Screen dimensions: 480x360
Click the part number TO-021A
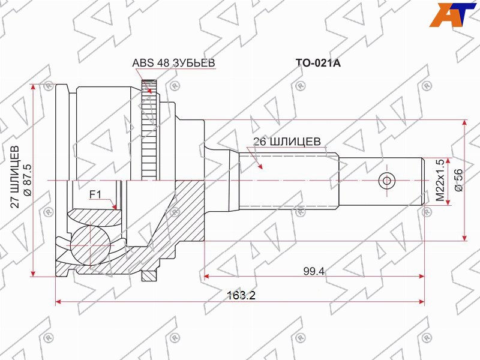click(x=318, y=63)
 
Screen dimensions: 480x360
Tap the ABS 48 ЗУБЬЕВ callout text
click(x=173, y=63)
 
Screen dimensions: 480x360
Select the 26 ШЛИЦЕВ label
click(x=287, y=142)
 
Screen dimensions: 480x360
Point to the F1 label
click(x=95, y=194)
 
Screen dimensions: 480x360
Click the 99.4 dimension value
click(x=314, y=271)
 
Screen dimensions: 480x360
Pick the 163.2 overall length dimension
click(x=241, y=295)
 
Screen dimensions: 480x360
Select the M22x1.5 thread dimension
click(x=440, y=180)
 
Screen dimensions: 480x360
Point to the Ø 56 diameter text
click(x=459, y=180)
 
